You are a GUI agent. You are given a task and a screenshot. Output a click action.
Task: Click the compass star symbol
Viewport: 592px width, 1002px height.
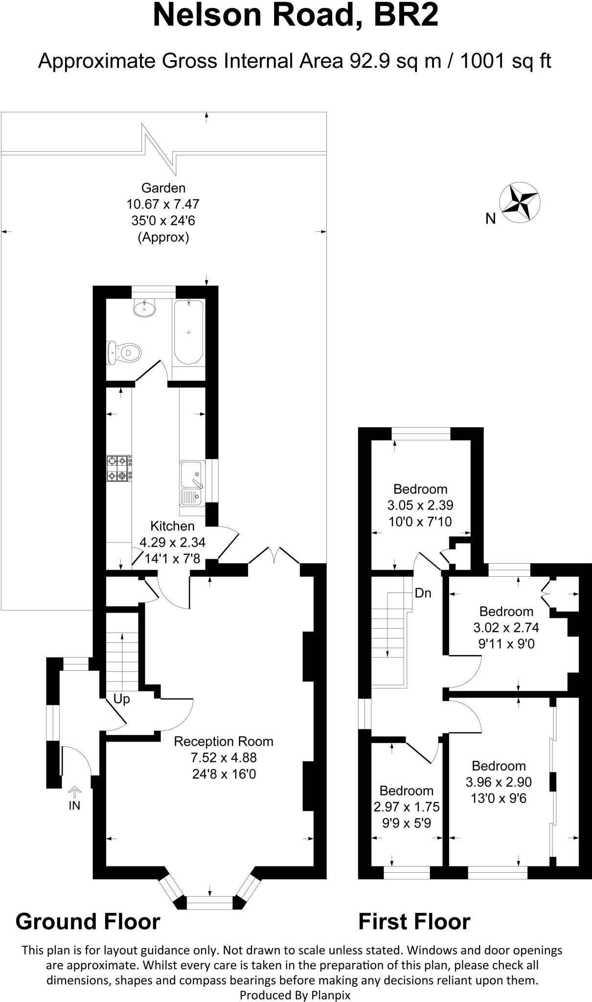point(519,202)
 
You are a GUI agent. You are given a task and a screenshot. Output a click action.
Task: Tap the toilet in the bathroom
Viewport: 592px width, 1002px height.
point(124,352)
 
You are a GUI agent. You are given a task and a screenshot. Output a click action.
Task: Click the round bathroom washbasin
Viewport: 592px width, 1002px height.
point(144,308)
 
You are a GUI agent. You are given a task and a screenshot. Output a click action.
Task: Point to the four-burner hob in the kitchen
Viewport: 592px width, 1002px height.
point(119,468)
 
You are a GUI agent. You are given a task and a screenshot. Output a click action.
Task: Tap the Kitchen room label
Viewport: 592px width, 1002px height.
point(172,526)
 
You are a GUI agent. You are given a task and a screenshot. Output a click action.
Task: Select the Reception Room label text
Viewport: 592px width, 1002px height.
point(224,741)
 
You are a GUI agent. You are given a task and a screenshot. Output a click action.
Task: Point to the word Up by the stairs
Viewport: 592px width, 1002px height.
point(121,699)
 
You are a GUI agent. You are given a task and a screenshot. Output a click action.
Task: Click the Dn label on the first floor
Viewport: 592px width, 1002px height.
point(423,593)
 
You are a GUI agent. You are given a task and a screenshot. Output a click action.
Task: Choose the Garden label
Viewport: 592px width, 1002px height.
point(163,188)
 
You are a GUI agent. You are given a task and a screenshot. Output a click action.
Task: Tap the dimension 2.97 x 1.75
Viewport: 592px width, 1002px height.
point(406,807)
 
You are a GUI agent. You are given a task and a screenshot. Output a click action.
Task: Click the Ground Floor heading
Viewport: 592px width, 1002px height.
point(88,921)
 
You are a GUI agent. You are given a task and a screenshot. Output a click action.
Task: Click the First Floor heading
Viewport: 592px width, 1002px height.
point(414,921)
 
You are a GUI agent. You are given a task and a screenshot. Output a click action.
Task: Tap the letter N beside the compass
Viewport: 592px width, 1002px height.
point(490,219)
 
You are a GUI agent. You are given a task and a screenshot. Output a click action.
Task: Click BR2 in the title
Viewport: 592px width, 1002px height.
point(406,16)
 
